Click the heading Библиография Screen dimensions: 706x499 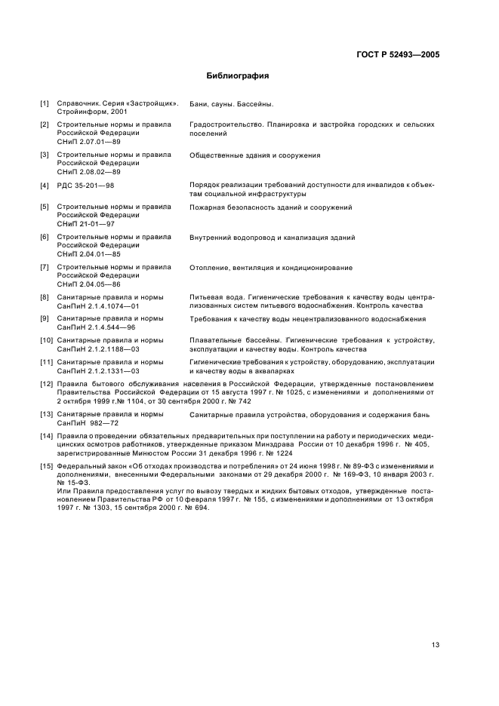click(238, 76)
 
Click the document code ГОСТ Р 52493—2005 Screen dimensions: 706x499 click(397, 55)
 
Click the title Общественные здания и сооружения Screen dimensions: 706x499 click(255, 155)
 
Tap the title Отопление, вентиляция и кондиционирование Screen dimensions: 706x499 click(271, 268)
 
